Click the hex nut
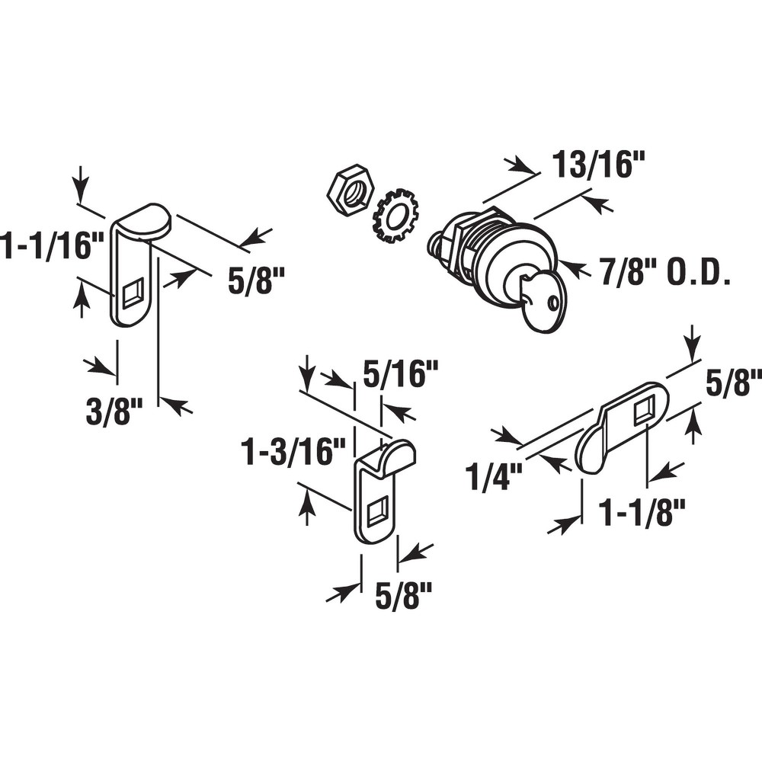[350, 190]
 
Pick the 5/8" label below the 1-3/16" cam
[404, 594]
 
